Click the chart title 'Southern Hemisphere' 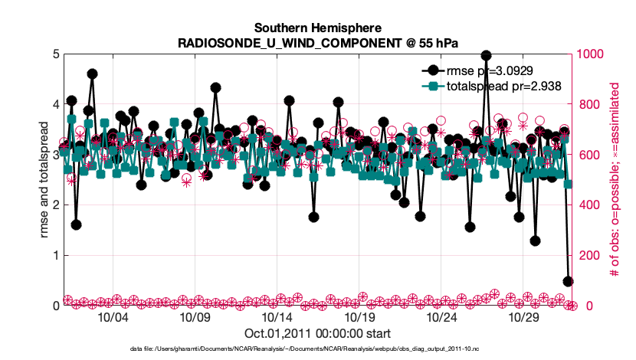(x=317, y=28)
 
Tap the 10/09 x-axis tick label (x=195, y=316)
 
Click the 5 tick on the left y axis (x=56, y=54)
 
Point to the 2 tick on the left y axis (x=56, y=205)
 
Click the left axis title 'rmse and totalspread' (x=44, y=180)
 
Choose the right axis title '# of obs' (x=615, y=180)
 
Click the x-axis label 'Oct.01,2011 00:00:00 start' (x=317, y=333)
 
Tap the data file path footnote (x=317, y=349)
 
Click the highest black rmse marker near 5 (x=486, y=55)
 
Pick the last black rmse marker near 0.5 (x=568, y=281)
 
